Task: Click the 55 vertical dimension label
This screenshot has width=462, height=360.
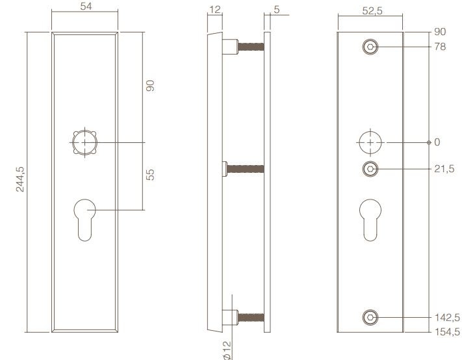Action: [x=151, y=175]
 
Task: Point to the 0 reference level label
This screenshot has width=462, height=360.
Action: [x=437, y=142]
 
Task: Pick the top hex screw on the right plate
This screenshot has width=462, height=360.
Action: [x=370, y=47]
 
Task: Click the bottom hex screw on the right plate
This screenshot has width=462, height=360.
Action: [x=370, y=317]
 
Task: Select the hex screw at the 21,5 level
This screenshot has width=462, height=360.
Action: [x=370, y=169]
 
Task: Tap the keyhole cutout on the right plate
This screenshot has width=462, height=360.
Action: [x=370, y=221]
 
